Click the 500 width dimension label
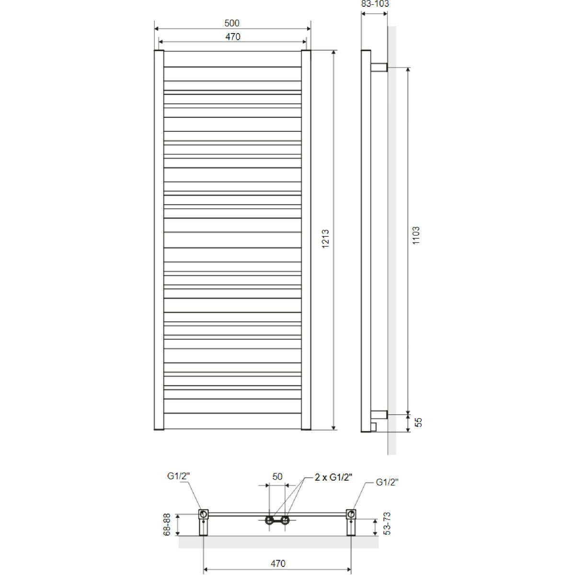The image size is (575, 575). click(x=232, y=23)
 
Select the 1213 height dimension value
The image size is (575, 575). click(x=325, y=239)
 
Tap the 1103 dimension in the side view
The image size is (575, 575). click(x=415, y=235)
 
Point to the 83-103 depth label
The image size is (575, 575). click(x=375, y=4)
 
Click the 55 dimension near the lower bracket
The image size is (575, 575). click(x=419, y=422)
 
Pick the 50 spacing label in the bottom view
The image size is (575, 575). click(x=277, y=476)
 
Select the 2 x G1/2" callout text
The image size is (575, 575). click(x=333, y=477)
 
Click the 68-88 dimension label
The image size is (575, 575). click(x=167, y=524)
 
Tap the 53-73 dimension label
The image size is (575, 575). click(x=386, y=524)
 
